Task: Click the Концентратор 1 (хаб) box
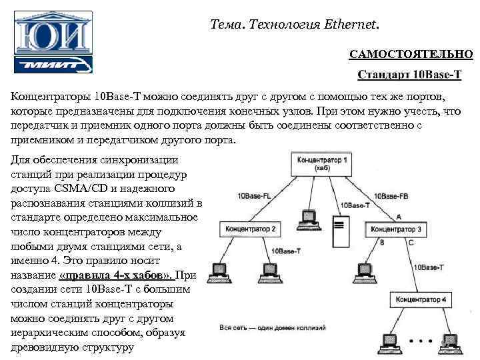pos(322,163)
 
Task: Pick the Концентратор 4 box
pos(421,299)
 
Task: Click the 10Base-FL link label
pos(254,197)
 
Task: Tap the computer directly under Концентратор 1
pos(307,217)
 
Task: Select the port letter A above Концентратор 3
pos(398,217)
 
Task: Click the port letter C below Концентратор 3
pos(411,243)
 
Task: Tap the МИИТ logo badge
pos(53,64)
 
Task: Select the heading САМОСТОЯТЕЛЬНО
pos(411,53)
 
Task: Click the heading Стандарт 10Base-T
pos(409,73)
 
